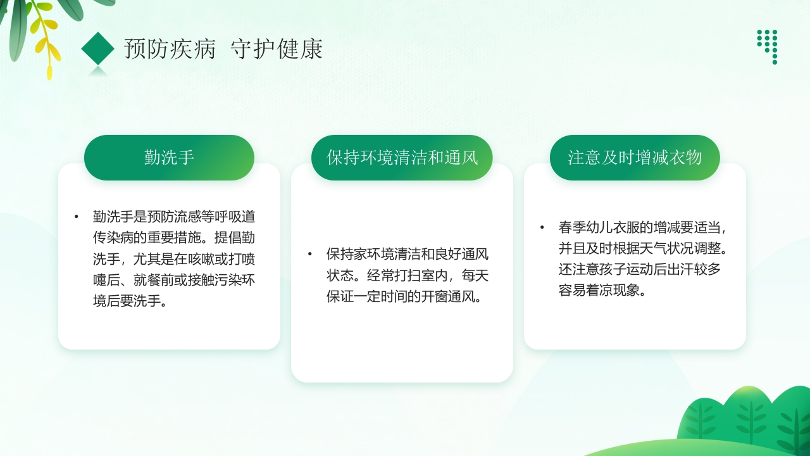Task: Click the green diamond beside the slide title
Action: click(x=97, y=49)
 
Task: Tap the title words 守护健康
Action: click(x=277, y=49)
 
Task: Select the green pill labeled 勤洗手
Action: click(x=169, y=158)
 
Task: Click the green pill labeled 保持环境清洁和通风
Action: click(x=402, y=158)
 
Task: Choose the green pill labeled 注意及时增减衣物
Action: click(x=635, y=158)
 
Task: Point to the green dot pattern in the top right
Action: click(x=768, y=44)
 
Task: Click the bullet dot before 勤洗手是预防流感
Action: click(x=77, y=217)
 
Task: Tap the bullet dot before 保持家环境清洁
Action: click(x=310, y=255)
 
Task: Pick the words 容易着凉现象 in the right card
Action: click(x=598, y=290)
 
